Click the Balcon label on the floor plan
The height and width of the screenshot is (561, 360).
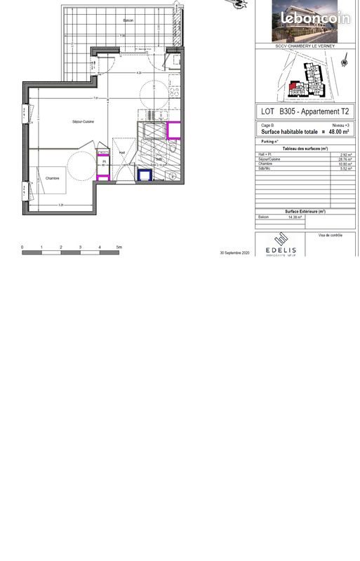pos(128,20)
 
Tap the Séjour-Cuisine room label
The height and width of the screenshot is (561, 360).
pos(83,122)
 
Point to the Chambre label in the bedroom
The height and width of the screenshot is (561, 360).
pos(53,178)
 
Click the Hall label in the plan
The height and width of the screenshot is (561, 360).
pos(121,152)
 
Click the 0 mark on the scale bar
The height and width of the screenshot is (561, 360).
pos(22,248)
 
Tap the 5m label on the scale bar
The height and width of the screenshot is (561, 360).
pos(119,248)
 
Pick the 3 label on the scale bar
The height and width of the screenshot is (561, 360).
pos(80,248)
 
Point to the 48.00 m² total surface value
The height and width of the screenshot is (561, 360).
pos(335,131)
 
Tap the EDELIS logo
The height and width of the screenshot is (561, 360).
pos(281,250)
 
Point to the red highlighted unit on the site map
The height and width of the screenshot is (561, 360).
pos(293,86)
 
